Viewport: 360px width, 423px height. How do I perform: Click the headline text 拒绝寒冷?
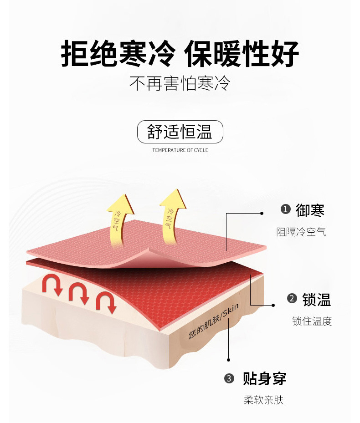(118, 53)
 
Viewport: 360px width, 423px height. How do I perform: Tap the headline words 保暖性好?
(242, 53)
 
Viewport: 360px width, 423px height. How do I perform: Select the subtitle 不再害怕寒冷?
(180, 83)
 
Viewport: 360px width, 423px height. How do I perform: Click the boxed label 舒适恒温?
(180, 132)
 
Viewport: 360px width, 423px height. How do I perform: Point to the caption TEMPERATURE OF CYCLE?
(180, 150)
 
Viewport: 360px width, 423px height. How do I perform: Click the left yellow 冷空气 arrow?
(119, 218)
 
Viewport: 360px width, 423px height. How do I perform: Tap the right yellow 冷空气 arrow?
(172, 214)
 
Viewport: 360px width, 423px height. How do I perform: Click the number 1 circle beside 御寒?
(285, 209)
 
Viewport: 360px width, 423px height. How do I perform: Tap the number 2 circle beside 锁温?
(292, 299)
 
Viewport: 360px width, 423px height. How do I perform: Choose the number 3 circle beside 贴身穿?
(230, 378)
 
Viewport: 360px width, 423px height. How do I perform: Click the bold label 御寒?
(310, 210)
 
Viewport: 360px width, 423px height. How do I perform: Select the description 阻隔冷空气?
(301, 232)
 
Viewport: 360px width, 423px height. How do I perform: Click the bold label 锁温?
(316, 299)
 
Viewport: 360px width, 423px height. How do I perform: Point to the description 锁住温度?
(312, 321)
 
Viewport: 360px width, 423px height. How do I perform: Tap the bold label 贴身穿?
(264, 378)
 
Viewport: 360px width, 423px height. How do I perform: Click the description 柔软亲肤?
(263, 401)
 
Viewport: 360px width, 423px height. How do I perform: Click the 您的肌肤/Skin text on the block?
(213, 321)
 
